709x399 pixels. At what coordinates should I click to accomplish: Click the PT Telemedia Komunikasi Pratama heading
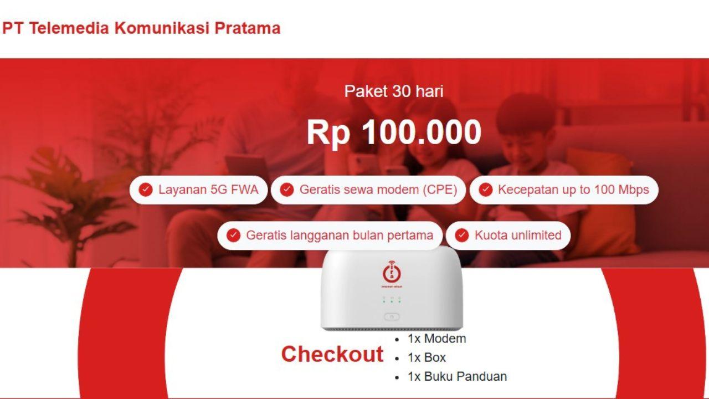click(x=141, y=28)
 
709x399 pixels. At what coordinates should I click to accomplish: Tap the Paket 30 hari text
click(x=394, y=91)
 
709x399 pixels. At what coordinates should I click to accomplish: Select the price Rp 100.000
click(x=394, y=132)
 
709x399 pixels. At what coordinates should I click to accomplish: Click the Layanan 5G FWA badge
click(x=199, y=190)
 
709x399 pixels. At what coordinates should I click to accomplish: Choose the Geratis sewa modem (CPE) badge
click(x=368, y=190)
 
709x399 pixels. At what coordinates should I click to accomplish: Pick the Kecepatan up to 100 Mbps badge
click(x=564, y=190)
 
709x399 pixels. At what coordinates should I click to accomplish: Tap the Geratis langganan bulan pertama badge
click(x=330, y=236)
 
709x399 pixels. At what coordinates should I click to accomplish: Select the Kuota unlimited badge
click(x=508, y=236)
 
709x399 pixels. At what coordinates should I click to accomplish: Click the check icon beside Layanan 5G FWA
click(x=146, y=190)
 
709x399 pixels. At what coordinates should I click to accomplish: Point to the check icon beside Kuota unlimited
click(x=462, y=236)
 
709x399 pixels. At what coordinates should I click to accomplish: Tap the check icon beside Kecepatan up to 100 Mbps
click(x=485, y=190)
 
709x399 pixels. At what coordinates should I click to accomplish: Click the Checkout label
click(x=332, y=354)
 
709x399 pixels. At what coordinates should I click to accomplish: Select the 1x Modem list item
click(x=436, y=339)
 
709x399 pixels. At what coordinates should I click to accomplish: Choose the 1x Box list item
click(x=427, y=357)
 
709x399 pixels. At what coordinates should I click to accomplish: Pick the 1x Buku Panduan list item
click(x=457, y=376)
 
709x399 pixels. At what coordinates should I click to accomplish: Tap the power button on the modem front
click(x=392, y=317)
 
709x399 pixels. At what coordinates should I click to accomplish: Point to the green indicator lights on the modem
click(x=392, y=300)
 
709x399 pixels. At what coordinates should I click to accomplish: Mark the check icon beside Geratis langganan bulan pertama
click(x=234, y=236)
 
